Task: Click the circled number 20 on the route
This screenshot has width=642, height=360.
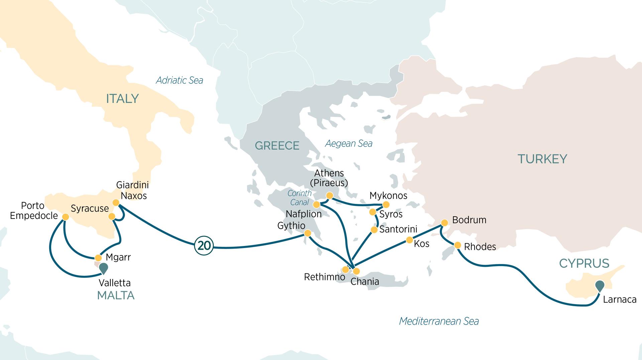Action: [204, 246]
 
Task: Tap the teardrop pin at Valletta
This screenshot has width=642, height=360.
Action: [104, 268]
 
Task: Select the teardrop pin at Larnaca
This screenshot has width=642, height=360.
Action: [600, 285]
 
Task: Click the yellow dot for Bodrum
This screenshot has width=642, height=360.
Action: [444, 223]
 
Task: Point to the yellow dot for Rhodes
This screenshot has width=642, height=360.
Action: [457, 245]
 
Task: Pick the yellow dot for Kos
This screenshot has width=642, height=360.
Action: [409, 240]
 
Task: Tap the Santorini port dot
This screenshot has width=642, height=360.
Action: [374, 230]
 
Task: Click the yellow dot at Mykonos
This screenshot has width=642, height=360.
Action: [386, 205]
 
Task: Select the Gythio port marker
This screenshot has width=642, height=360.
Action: [307, 233]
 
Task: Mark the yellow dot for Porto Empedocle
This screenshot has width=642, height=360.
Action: [66, 217]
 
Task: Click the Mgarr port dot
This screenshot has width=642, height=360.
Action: [98, 258]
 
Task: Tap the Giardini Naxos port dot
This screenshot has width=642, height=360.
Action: [116, 203]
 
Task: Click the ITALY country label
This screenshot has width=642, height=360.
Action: [122, 99]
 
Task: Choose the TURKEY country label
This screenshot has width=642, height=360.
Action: [542, 159]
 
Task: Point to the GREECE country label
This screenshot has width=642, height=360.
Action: [277, 146]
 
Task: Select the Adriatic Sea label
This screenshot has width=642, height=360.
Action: [180, 80]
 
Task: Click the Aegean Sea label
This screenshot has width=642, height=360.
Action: [348, 144]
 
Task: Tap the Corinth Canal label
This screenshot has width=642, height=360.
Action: [299, 198]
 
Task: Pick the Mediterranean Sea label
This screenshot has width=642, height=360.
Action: [439, 321]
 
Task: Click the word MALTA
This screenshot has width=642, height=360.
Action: [116, 295]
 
